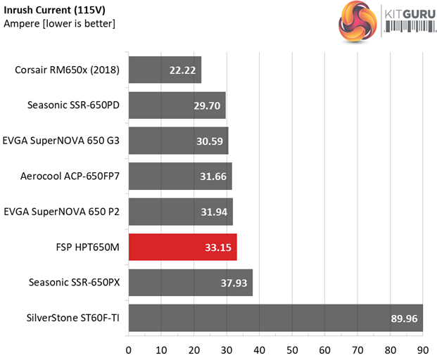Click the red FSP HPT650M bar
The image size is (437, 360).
click(182, 247)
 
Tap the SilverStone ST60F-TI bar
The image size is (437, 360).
click(275, 319)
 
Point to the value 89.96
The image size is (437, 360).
click(404, 319)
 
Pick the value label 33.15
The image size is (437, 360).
click(218, 247)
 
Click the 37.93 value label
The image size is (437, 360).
click(234, 283)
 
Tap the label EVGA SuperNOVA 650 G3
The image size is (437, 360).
click(62, 141)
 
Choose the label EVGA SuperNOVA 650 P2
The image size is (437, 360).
click(62, 211)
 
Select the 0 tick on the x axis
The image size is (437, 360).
click(128, 349)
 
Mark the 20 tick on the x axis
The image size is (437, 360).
click(194, 349)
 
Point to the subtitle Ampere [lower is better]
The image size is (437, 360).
click(59, 24)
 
